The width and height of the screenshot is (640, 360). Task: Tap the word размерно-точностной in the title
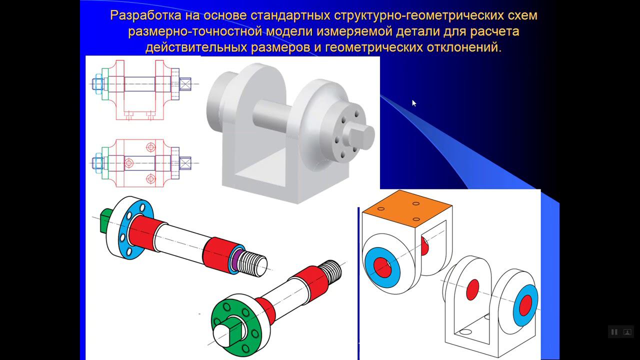tap(195, 32)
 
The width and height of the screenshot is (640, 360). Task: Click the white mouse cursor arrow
tap(413, 103)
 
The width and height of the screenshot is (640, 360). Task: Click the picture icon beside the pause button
tap(626, 332)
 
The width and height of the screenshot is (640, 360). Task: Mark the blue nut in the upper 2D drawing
tap(97, 83)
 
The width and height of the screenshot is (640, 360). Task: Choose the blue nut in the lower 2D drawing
tap(97, 162)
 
